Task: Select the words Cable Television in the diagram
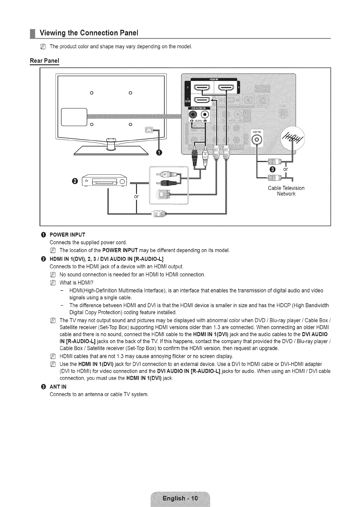(286, 188)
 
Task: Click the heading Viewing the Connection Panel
(89, 33)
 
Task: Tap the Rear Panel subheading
(44, 61)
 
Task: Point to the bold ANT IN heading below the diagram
(58, 387)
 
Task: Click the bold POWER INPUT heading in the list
(67, 234)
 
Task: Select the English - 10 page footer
(180, 498)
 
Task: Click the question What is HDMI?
(76, 282)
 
